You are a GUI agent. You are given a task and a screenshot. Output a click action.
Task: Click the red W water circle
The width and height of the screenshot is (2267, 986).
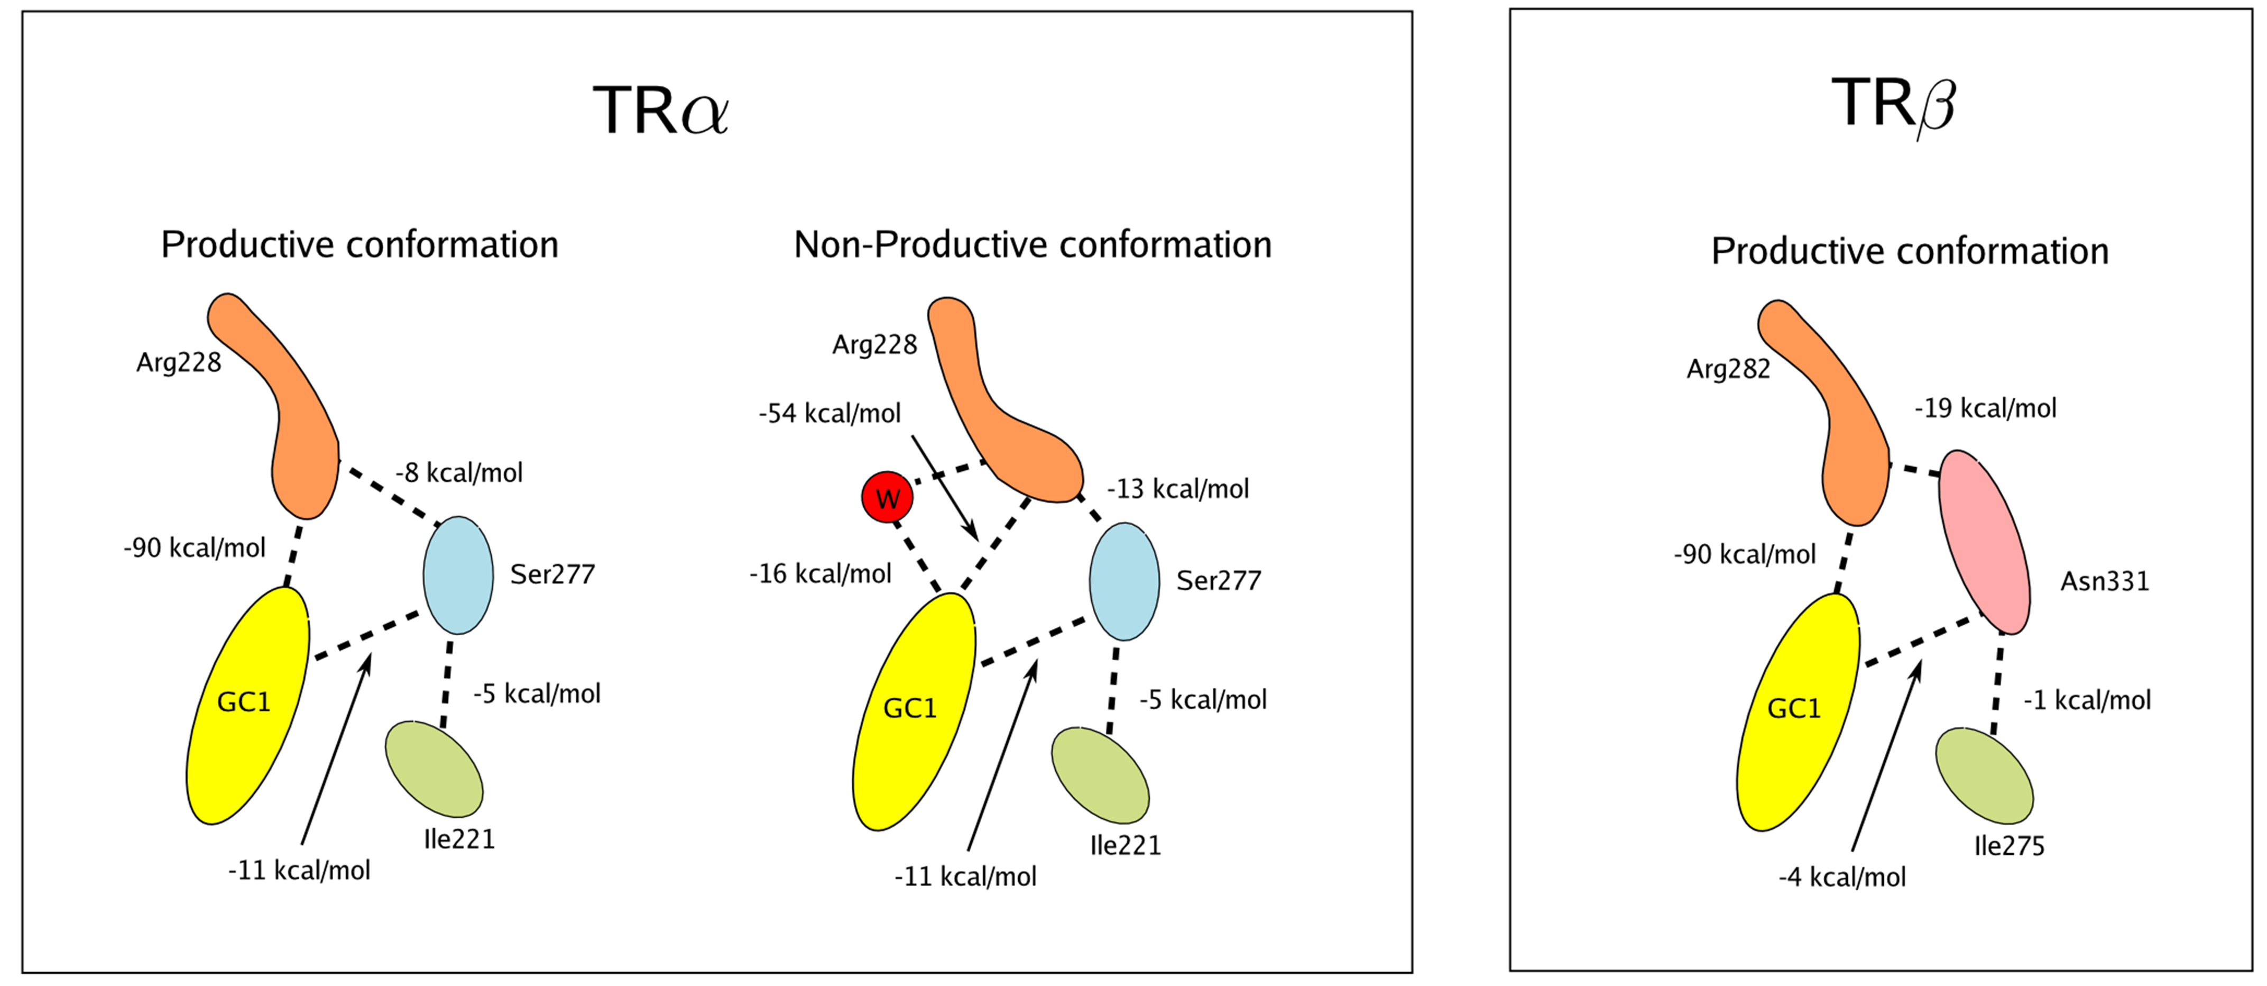[x=887, y=497]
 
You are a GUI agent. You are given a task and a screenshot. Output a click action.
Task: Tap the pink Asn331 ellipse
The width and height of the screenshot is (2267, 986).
[x=1985, y=542]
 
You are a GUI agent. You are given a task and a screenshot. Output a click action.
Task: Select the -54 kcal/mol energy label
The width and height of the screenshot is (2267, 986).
[x=830, y=413]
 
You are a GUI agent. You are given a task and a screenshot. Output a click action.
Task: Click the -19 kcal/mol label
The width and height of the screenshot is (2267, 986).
[x=1985, y=408]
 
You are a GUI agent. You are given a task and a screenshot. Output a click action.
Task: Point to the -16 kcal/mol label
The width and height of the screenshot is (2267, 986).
[x=820, y=574]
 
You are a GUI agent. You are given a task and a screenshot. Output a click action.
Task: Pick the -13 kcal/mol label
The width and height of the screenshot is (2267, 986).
[x=1177, y=489]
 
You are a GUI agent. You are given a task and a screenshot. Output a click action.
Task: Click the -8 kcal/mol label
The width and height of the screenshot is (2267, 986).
[x=458, y=473]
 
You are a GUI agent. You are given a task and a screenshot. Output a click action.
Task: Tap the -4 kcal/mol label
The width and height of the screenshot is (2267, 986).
[x=1842, y=877]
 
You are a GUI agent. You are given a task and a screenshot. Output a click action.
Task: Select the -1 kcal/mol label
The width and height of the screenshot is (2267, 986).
[x=2087, y=700]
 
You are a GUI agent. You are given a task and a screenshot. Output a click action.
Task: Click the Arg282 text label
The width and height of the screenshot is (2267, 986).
[x=1728, y=369]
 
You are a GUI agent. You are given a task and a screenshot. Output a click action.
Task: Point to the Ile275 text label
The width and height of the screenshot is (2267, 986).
[x=2009, y=846]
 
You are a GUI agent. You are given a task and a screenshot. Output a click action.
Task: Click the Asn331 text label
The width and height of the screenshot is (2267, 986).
[x=2105, y=581]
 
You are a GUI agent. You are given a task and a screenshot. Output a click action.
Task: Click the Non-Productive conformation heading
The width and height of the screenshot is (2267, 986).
[x=1033, y=245]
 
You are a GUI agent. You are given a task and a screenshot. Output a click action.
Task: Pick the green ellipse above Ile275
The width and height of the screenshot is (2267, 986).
[x=1985, y=775]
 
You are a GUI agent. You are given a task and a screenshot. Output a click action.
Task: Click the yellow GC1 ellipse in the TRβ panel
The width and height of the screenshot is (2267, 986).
[x=1798, y=711]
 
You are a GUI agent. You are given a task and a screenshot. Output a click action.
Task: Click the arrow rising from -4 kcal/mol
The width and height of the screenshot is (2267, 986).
[x=1886, y=756]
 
